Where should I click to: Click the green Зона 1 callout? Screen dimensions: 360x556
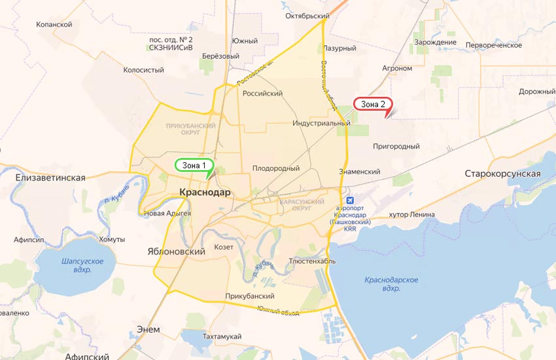194,165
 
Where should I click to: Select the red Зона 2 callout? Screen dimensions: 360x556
374,103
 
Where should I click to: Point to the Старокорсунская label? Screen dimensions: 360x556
502,173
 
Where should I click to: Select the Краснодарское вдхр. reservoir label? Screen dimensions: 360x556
391,284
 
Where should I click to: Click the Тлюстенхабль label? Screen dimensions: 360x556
312,261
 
